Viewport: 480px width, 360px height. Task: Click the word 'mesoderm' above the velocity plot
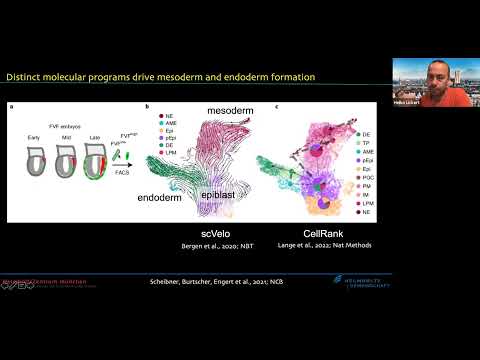click(x=235, y=107)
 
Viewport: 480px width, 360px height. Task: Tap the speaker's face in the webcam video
click(x=439, y=73)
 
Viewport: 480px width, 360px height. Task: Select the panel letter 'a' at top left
click(x=11, y=107)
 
